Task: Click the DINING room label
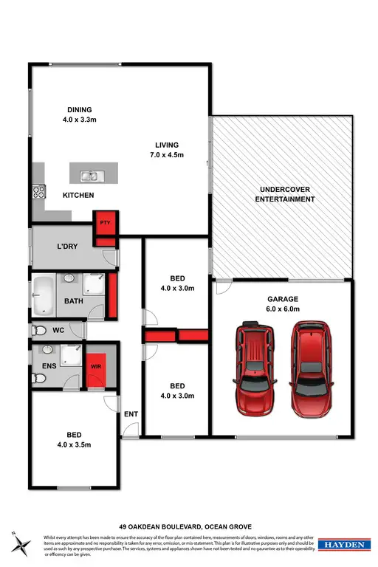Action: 77,111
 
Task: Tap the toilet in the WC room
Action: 40,331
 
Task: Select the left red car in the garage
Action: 255,369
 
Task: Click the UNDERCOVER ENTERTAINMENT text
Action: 282,194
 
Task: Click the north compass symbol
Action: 21,544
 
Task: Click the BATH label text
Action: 74,301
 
